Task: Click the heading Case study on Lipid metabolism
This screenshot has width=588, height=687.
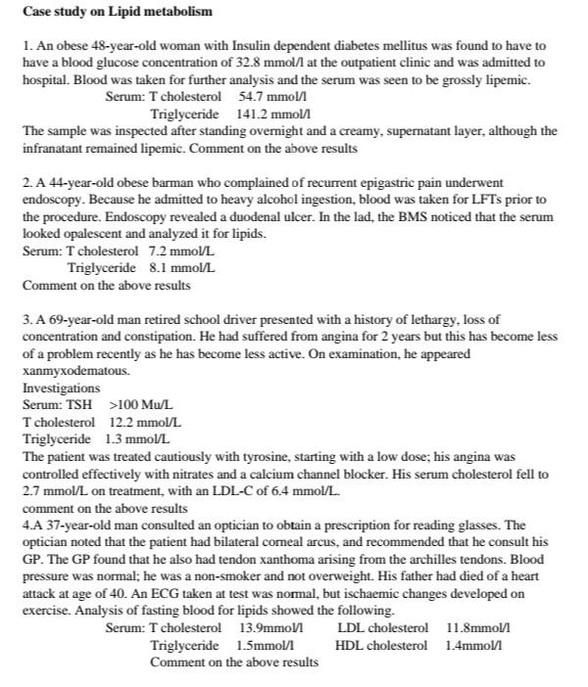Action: tap(117, 12)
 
